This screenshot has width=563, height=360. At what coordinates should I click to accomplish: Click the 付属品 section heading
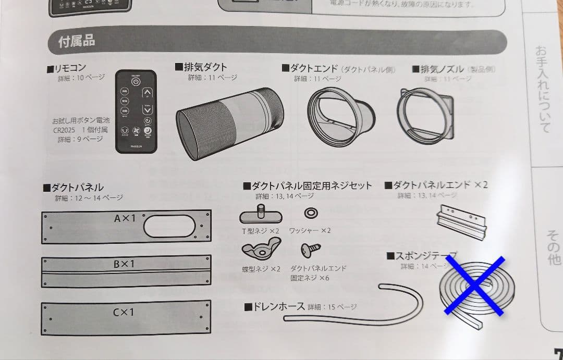[x=77, y=41]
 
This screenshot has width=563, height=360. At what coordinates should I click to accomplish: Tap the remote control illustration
[x=136, y=111]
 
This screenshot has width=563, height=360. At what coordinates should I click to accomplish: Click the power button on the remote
[x=136, y=82]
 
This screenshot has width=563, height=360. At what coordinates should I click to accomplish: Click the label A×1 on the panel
[x=124, y=218]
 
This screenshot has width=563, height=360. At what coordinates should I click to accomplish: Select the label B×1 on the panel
[x=124, y=264]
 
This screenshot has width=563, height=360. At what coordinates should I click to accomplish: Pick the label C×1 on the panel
[x=124, y=313]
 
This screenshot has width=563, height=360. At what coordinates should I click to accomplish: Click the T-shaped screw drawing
[x=261, y=215]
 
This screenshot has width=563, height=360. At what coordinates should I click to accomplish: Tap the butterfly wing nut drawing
[x=261, y=250]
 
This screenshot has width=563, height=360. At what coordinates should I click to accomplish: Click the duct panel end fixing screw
[x=311, y=250]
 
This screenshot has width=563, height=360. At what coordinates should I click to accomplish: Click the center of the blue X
[x=474, y=285]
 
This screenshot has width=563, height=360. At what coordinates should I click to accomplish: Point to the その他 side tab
[x=553, y=247]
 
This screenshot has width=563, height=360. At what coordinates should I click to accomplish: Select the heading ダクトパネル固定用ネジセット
[x=308, y=186]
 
